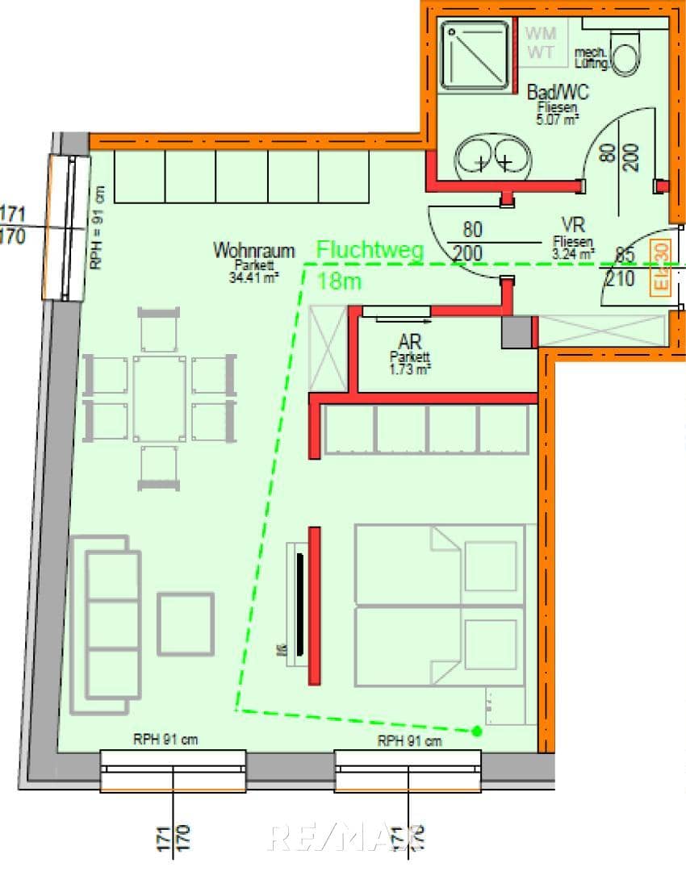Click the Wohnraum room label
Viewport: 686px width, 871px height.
click(x=253, y=251)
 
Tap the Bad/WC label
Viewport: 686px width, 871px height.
click(x=552, y=93)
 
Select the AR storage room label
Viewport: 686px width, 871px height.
click(x=411, y=344)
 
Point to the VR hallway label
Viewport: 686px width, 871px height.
click(x=573, y=225)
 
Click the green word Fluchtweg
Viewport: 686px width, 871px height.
click(x=370, y=250)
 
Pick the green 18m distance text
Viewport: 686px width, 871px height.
click(x=340, y=281)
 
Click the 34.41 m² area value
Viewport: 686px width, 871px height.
click(x=253, y=278)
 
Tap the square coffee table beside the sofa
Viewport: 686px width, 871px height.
click(x=186, y=623)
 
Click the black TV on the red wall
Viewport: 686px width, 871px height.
click(x=300, y=604)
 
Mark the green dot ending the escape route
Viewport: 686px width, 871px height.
click(x=477, y=731)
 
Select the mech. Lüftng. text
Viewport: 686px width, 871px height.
click(x=591, y=57)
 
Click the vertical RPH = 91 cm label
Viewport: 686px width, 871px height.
click(x=98, y=227)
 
